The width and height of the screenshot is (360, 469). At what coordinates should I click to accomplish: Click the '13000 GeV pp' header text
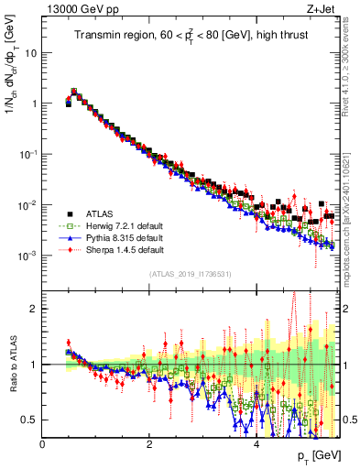point(80,9)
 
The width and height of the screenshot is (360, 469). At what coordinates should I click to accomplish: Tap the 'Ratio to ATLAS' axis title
point(15,365)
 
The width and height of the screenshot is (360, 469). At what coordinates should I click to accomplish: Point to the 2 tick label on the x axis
point(149,444)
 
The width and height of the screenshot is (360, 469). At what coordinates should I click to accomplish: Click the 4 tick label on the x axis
point(256,444)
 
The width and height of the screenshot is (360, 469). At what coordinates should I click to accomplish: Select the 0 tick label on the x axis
point(43,444)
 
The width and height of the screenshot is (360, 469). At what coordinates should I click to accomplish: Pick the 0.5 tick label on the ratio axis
point(31,420)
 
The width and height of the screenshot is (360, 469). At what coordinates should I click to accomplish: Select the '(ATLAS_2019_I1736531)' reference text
point(191,273)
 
